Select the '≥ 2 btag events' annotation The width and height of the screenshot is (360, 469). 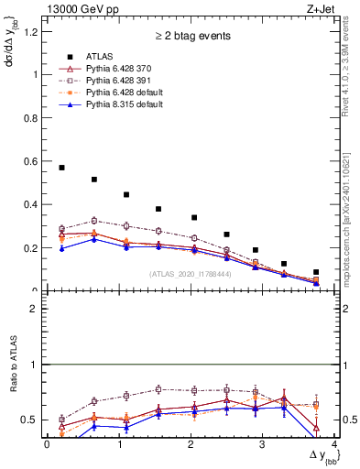coord(191,38)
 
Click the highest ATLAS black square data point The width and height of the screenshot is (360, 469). coord(61,168)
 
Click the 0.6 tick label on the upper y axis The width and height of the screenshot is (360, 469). coord(32,161)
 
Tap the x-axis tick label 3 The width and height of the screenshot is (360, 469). coord(262,444)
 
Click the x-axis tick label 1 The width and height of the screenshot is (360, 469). coord(118,444)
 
